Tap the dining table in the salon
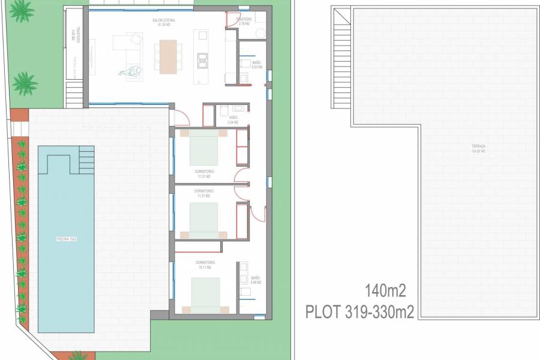[x=169, y=56]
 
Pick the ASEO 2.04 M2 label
[x=233, y=120]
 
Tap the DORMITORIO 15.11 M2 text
[x=205, y=265]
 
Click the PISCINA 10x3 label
[x=66, y=239]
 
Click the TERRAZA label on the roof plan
[x=478, y=148]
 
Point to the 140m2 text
[x=385, y=292]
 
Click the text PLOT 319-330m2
[x=359, y=312]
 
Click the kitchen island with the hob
[x=203, y=58]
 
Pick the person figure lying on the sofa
[x=132, y=71]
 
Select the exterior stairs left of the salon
[x=74, y=94]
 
